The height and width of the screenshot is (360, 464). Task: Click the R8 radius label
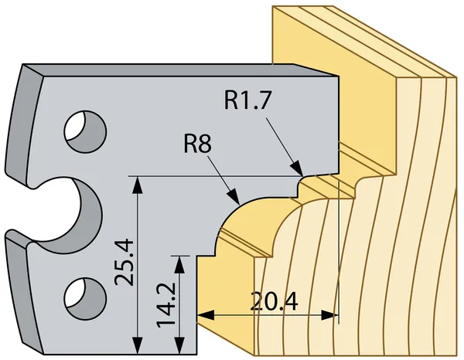pyautogui.click(x=198, y=144)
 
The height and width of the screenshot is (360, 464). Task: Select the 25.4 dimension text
pyautogui.click(x=125, y=263)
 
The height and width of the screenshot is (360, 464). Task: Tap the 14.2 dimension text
pyautogui.click(x=165, y=305)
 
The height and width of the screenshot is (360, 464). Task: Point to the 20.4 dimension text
pyautogui.click(x=274, y=301)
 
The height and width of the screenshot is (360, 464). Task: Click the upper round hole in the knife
pyautogui.click(x=85, y=131)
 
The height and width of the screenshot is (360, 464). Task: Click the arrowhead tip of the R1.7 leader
pyautogui.click(x=302, y=175)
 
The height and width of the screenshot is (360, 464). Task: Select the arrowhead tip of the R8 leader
pyautogui.click(x=239, y=204)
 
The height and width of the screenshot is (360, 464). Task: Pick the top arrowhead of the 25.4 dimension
pyautogui.click(x=138, y=178)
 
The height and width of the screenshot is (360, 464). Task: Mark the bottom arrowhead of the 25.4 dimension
pyautogui.click(x=138, y=354)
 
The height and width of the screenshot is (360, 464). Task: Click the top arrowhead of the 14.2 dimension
pyautogui.click(x=179, y=256)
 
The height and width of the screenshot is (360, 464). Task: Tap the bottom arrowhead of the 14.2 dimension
pyautogui.click(x=179, y=354)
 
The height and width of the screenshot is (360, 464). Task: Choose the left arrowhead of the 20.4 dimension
pyautogui.click(x=198, y=315)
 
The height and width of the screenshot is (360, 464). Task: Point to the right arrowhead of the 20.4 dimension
pyautogui.click(x=339, y=315)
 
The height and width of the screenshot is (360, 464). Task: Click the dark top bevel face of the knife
pyautogui.click(x=180, y=70)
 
